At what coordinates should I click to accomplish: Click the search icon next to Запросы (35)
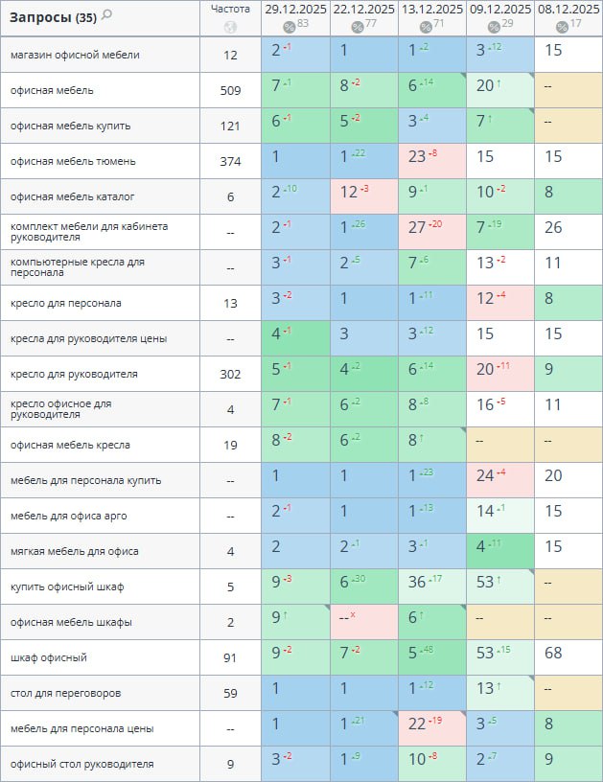tap(106, 14)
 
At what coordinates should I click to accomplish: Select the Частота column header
tap(230, 9)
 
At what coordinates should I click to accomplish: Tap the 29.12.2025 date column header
tap(295, 9)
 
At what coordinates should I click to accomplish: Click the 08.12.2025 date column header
tap(568, 9)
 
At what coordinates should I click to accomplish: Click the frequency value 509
tap(230, 90)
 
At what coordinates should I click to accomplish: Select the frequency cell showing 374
tap(230, 161)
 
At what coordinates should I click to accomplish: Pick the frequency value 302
tap(230, 374)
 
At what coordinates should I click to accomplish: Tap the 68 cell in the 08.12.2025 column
tap(554, 657)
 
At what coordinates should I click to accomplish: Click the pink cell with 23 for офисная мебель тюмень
tap(418, 161)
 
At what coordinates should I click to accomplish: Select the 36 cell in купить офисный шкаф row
tap(418, 586)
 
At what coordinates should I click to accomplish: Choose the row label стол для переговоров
tap(66, 693)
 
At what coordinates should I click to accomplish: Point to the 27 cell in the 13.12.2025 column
tap(418, 232)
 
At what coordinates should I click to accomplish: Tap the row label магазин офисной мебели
tap(75, 55)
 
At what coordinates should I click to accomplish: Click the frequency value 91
tap(230, 657)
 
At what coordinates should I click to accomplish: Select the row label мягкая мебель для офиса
tap(75, 551)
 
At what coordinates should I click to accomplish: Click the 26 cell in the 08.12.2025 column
tap(554, 232)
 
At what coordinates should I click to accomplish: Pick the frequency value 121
tap(230, 126)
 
